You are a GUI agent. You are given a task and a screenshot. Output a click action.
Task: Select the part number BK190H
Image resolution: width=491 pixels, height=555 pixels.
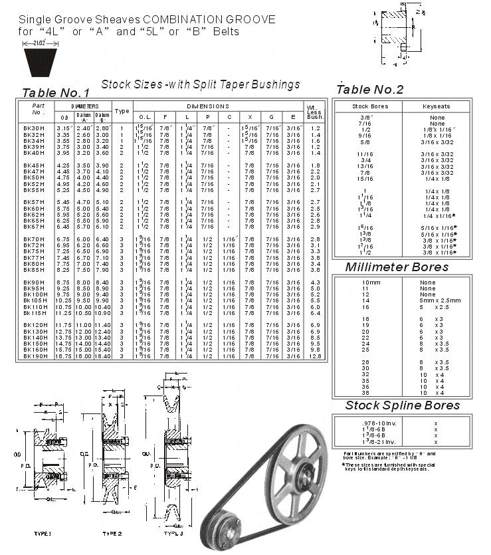(x=35, y=356)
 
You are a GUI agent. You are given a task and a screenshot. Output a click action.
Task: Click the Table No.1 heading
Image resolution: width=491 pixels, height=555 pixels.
(x=56, y=92)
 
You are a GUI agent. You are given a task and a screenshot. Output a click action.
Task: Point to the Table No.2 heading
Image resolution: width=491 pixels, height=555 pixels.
(x=370, y=90)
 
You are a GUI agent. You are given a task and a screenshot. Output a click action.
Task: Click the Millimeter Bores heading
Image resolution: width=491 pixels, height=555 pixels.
(x=397, y=267)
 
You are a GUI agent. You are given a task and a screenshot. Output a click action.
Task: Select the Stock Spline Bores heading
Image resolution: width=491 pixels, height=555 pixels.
(x=402, y=405)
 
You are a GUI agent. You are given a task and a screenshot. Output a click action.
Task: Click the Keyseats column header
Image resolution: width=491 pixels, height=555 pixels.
(x=435, y=106)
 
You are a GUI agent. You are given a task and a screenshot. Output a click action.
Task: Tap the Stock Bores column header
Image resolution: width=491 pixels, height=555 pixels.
(x=369, y=106)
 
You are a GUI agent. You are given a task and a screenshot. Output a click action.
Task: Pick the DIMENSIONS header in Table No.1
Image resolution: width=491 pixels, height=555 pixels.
(x=208, y=106)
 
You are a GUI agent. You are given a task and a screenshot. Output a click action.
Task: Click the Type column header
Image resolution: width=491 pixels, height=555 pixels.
(x=122, y=111)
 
